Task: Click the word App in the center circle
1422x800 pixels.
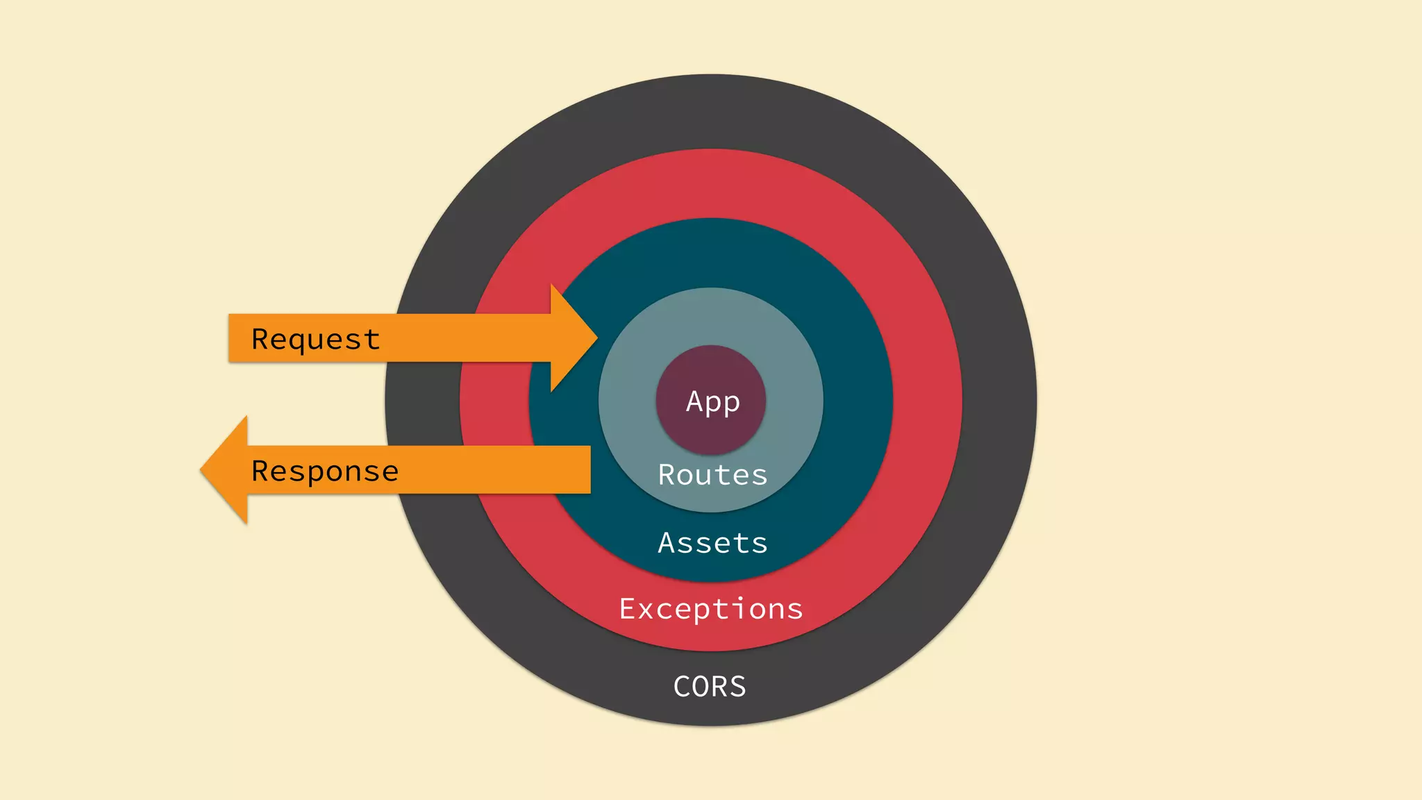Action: pos(713,402)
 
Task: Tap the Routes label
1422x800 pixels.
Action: pos(713,475)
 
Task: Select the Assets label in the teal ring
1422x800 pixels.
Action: pos(713,543)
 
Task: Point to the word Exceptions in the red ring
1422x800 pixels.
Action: pos(711,609)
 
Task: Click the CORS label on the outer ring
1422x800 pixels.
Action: pos(710,687)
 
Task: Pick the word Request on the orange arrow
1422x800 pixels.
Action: pos(316,340)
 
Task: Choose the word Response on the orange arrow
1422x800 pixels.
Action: pos(325,472)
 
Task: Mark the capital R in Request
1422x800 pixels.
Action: pos(260,339)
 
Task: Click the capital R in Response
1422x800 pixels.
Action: pos(260,471)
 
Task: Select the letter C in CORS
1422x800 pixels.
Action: pos(682,687)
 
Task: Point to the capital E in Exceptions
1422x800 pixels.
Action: pos(627,609)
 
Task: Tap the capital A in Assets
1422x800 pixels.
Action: pos(666,543)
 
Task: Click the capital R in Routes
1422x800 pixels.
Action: pos(666,475)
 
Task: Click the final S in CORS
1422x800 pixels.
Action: pos(738,687)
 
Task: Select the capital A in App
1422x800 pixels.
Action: pos(694,401)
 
